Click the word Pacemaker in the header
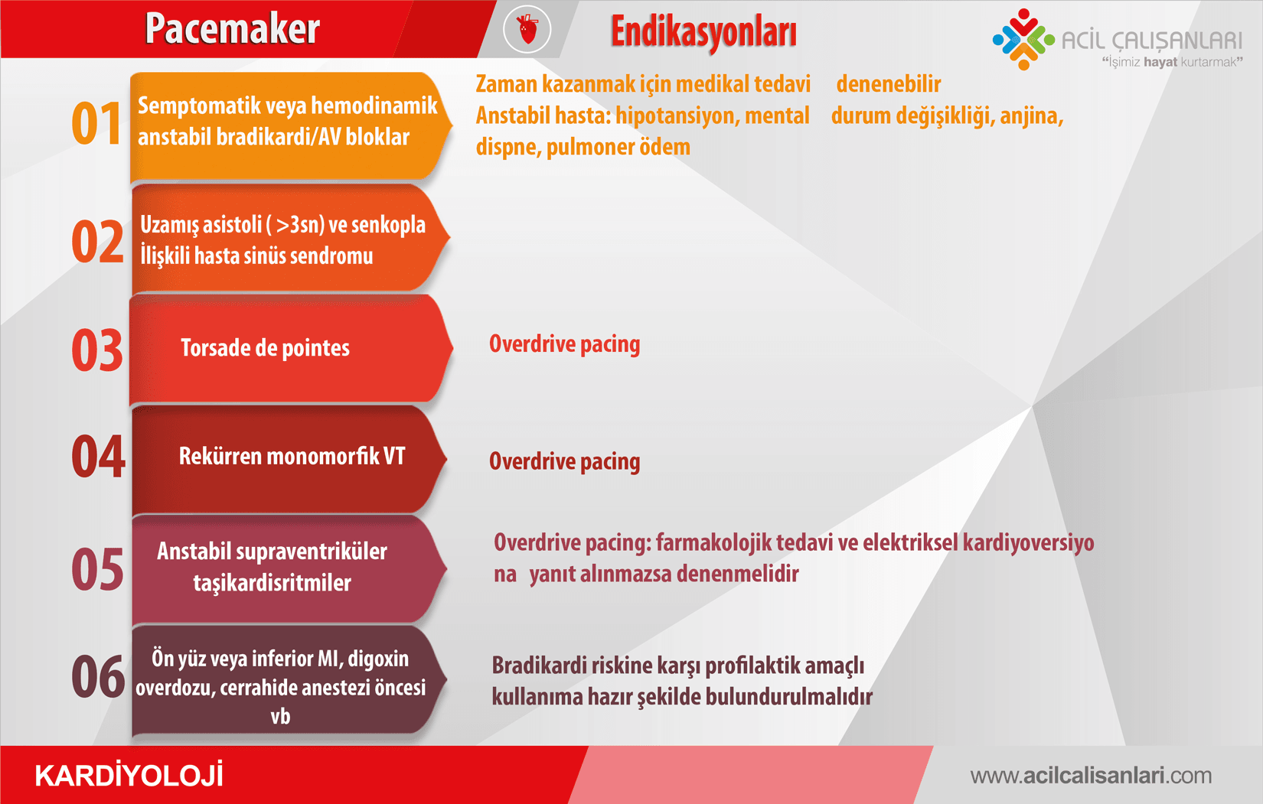point(232,28)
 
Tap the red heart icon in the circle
point(527,29)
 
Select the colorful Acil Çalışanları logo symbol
point(1023,40)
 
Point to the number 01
point(96,123)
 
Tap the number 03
point(97,350)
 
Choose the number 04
point(98,457)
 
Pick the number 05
point(97,569)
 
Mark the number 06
point(98,676)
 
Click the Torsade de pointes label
point(265,347)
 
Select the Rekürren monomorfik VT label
point(292,456)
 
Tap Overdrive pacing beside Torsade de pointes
point(564,344)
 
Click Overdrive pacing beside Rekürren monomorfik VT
point(564,461)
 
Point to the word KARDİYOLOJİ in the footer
point(129,775)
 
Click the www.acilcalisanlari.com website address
point(1091,776)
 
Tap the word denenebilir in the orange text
point(889,84)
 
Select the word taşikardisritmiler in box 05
point(273,583)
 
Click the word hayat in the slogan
point(1160,62)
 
